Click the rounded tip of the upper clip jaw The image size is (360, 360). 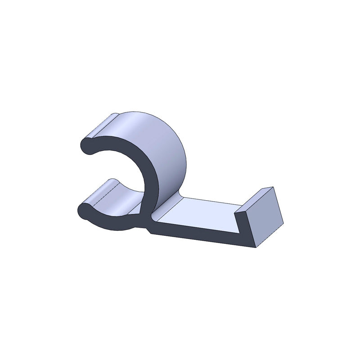point(87,147)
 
